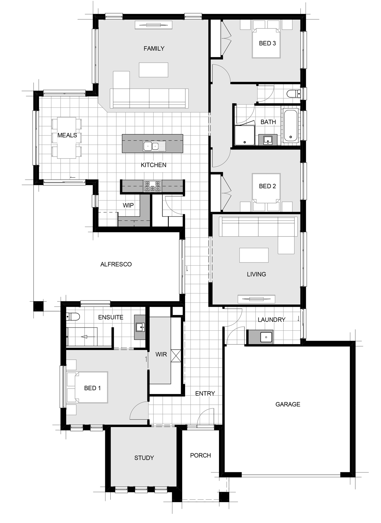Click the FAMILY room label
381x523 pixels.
pos(154,48)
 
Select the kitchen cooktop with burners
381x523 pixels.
pos(152,186)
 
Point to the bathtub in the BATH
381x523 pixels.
pos(291,125)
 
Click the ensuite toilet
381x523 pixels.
pos(73,317)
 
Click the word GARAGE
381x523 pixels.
pos(287,404)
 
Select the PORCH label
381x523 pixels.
pos(200,455)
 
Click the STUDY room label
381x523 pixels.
pos(144,458)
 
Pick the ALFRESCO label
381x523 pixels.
pos(116,264)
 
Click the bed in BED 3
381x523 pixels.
pos(266,43)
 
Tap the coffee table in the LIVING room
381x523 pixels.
pos(254,255)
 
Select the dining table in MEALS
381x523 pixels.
pos(67,138)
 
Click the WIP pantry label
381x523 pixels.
pos(128,205)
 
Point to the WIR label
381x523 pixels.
pos(161,354)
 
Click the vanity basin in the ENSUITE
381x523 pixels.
pos(140,327)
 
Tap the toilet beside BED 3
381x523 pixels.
pos(294,94)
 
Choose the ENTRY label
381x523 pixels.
pos(205,393)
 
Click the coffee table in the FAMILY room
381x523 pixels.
pos(153,70)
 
